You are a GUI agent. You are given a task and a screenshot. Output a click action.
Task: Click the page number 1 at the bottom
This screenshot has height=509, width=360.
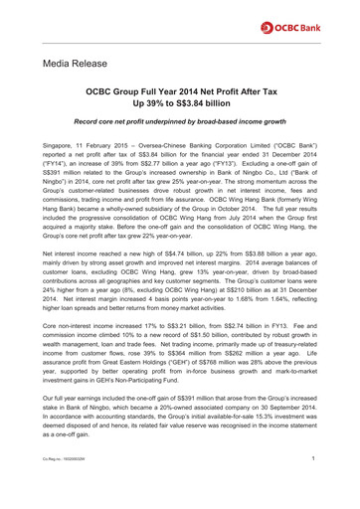coord(314,487)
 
